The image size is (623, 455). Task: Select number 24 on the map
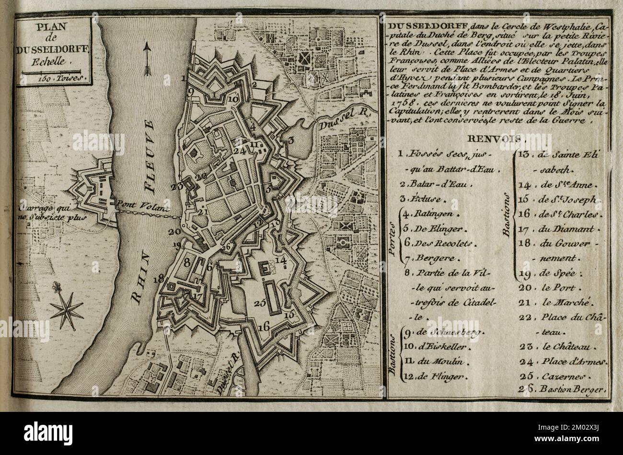coord(240,150)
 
